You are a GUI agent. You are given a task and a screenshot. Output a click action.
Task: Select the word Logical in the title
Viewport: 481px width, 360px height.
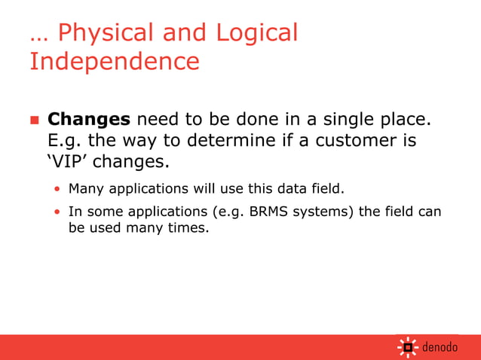(x=257, y=33)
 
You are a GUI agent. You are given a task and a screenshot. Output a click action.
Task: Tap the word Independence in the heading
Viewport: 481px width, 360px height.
(x=114, y=61)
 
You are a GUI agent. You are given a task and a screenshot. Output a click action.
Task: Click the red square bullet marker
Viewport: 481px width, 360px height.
(x=34, y=121)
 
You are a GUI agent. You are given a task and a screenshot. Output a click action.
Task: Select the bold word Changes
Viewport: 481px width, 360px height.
(x=89, y=120)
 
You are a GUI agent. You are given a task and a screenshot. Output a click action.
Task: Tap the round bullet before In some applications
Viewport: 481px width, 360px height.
(x=57, y=212)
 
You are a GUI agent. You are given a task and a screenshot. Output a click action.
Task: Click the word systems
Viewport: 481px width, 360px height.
(x=323, y=212)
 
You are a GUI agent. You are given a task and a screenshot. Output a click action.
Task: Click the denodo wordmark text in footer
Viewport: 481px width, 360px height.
(x=440, y=348)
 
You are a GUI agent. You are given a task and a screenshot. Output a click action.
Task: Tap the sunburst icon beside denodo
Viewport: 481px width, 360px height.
(x=408, y=347)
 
